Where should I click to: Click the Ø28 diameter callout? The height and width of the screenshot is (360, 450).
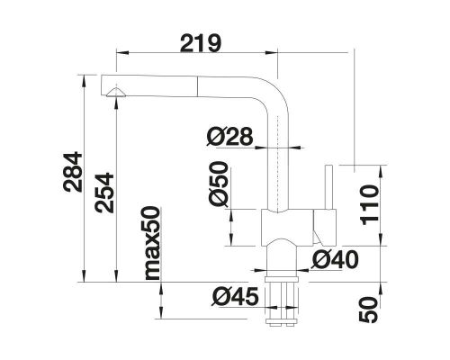(229, 139)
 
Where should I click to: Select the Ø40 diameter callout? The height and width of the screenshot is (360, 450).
(337, 260)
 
